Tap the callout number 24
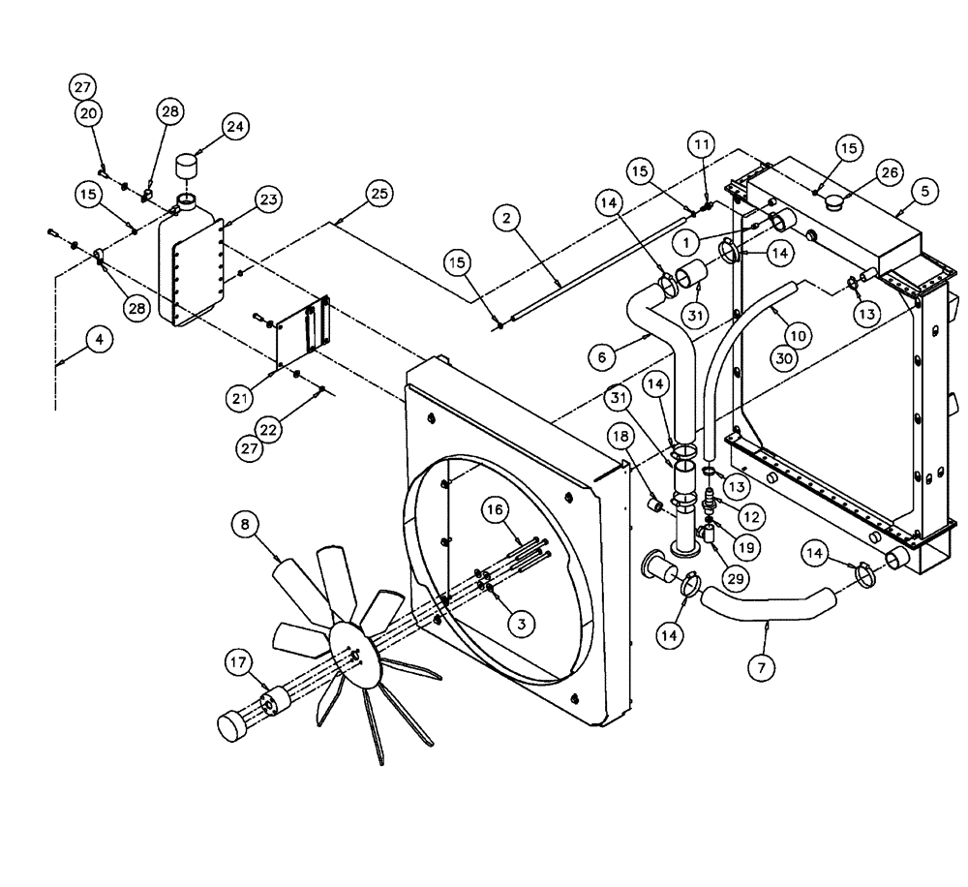236,126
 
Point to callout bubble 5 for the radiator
924,192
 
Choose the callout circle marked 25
378,194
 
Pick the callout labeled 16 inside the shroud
495,509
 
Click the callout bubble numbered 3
521,625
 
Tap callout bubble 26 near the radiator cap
889,172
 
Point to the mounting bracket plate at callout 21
302,334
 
